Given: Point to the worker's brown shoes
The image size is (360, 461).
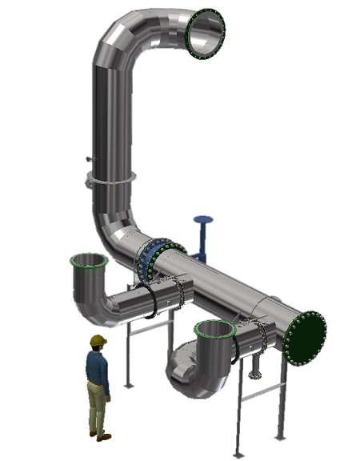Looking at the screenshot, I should pyautogui.click(x=101, y=436).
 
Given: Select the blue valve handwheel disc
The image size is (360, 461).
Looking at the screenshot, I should pyautogui.click(x=203, y=218).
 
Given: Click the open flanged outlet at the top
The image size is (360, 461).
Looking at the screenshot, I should pyautogui.click(x=206, y=34).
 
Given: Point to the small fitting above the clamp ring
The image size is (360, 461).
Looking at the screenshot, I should pyautogui.click(x=87, y=162).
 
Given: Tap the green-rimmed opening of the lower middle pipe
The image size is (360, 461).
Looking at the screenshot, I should pyautogui.click(x=214, y=329).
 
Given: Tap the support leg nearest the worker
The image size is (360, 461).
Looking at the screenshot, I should pyautogui.click(x=128, y=352).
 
